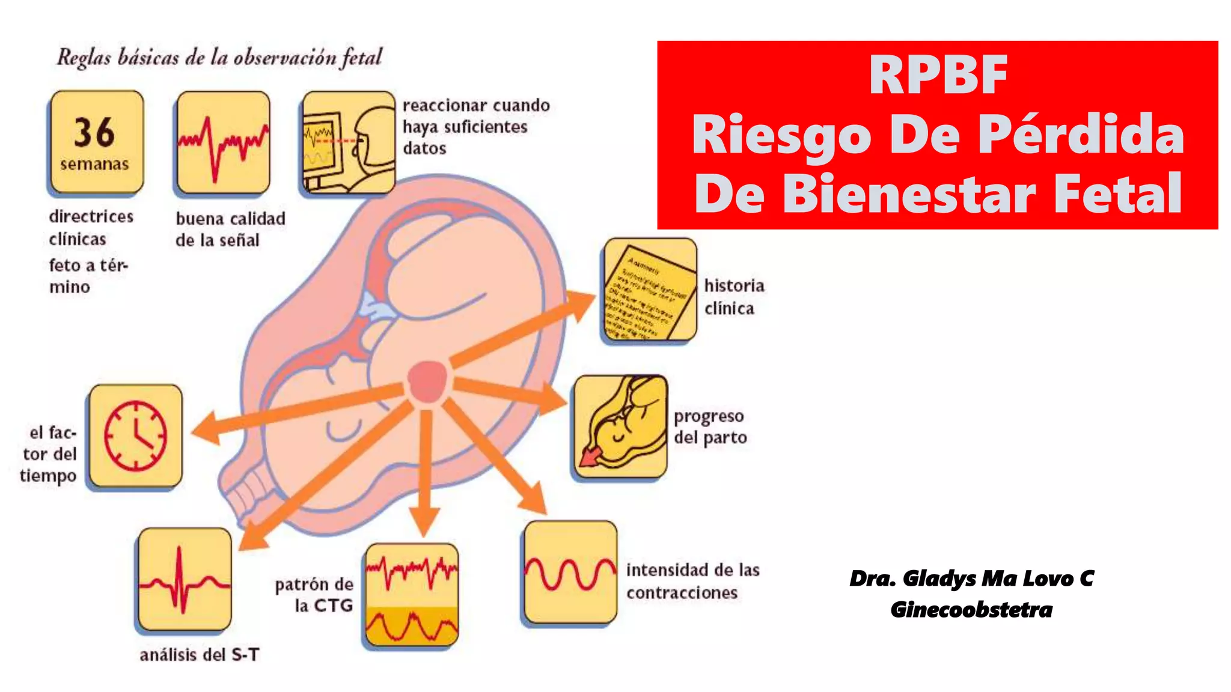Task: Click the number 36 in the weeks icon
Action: coord(94,132)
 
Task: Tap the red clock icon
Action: coord(135,436)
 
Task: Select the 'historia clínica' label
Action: coord(734,297)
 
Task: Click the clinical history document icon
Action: coord(650,290)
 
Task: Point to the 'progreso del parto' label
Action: coord(710,426)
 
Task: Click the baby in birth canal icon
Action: coord(620,426)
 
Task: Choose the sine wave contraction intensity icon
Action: coord(570,572)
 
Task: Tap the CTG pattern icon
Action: coord(412,595)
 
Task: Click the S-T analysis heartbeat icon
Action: coord(185,579)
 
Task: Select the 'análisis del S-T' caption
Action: coord(200,654)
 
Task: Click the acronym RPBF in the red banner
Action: coord(938,75)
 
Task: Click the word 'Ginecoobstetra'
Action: coord(971,610)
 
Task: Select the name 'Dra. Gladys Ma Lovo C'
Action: coord(971,578)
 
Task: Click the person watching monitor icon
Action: coord(349,142)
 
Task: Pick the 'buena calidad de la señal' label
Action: coord(230,229)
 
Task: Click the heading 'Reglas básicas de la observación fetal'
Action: coord(219,58)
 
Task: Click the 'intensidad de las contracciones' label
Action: coord(692,581)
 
